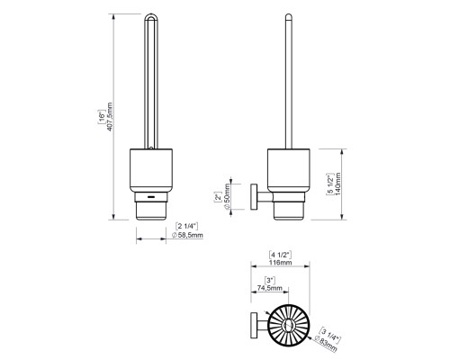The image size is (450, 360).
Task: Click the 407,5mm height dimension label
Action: [110, 117]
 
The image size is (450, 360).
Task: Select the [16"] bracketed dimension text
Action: [102, 117]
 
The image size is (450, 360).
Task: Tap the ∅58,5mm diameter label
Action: [188, 235]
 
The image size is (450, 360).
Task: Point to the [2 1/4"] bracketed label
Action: [186, 226]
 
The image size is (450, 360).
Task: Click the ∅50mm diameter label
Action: [227, 196]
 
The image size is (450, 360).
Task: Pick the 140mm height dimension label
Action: [337, 184]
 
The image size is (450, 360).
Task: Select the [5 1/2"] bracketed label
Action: [329, 184]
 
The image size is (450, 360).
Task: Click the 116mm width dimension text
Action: [280, 263]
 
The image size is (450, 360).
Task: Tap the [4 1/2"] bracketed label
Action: [280, 255]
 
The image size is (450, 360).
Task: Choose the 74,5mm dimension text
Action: [270, 288]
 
